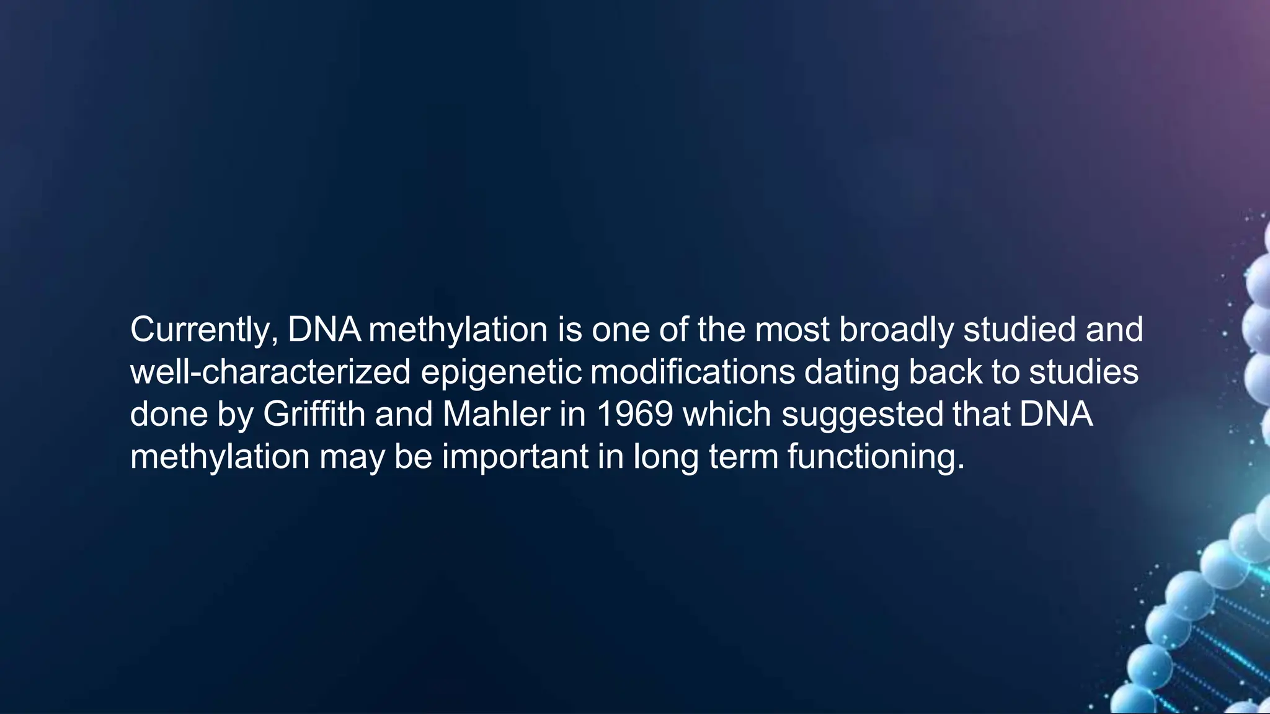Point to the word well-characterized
pos(270,372)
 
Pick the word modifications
pos(693,372)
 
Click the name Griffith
pos(314,414)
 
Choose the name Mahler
pos(496,414)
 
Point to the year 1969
pos(634,414)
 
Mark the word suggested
pos(862,415)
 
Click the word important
pos(515,457)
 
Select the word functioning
pos(876,457)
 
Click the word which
pos(727,414)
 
